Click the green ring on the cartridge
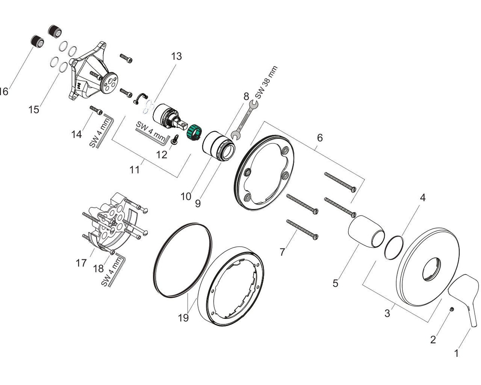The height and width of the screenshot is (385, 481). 195,130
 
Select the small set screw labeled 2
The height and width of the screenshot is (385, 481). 452,309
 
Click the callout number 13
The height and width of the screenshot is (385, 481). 176,56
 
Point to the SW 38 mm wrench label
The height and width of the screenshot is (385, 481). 266,82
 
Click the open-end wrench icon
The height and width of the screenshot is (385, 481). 243,121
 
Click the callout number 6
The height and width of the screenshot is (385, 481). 319,138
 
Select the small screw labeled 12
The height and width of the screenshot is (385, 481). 176,139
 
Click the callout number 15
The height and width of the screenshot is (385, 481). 34,109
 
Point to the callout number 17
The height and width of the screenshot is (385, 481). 81,263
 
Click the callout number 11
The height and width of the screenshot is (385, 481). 135,170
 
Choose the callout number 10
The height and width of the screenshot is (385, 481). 186,196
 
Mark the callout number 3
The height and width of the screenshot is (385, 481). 387,313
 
